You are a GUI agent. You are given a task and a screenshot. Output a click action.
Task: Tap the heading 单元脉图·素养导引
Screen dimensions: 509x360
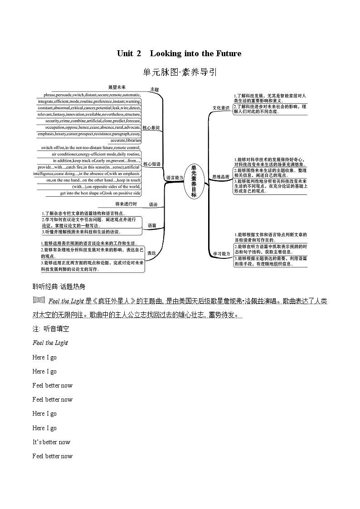point(180,72)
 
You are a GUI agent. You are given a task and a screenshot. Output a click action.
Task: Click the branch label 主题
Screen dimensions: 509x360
point(154,90)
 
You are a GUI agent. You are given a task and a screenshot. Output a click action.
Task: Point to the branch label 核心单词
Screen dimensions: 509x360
point(151,128)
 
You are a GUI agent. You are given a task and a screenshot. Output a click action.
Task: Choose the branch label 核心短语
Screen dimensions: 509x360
point(151,164)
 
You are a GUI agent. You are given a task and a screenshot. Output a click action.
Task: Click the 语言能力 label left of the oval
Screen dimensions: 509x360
point(175,178)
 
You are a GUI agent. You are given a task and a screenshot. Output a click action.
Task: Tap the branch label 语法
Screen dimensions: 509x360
point(153,205)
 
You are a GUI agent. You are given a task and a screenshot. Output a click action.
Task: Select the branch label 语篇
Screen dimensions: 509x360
point(152,225)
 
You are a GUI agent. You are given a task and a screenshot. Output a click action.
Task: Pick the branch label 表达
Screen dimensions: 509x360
point(151,253)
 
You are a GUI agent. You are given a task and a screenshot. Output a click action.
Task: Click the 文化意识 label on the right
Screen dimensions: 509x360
point(221,108)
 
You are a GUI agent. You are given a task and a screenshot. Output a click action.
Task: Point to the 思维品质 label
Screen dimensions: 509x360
point(221,177)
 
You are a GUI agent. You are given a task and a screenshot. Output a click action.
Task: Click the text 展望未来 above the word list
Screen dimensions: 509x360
point(117,87)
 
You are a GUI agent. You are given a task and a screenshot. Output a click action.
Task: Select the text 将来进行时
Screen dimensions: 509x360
point(123,204)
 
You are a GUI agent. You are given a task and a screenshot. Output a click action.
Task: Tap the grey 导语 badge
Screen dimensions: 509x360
point(39,300)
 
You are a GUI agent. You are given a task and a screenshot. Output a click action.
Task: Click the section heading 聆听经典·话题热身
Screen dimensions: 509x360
point(59,286)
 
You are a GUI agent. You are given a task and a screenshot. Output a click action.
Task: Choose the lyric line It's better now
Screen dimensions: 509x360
point(51,442)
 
